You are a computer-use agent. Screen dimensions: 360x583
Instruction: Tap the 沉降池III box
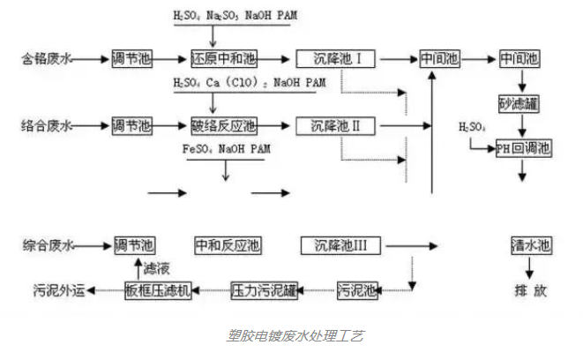[333, 244]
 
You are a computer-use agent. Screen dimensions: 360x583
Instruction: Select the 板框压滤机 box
[159, 289]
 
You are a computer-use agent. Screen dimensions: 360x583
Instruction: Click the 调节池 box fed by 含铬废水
[132, 60]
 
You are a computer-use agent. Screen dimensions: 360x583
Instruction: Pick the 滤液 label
[159, 266]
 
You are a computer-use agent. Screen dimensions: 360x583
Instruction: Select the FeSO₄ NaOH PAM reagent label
[225, 150]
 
